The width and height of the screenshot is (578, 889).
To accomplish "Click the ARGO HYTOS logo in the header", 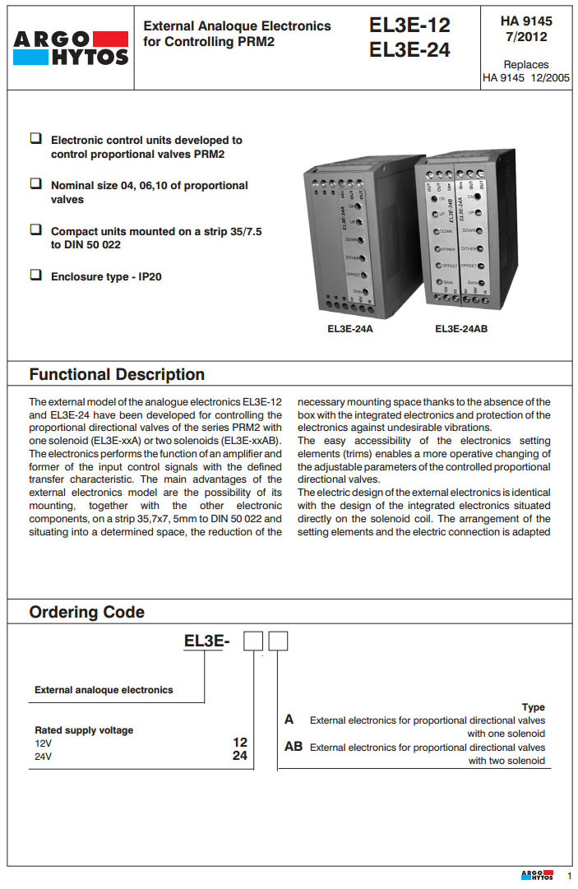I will (70, 48).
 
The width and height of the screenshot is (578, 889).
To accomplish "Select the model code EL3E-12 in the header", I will (409, 25).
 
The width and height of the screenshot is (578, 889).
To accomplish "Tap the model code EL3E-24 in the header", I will (409, 50).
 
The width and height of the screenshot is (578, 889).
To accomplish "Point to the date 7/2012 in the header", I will (526, 37).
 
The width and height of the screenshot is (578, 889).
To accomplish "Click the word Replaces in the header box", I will (526, 64).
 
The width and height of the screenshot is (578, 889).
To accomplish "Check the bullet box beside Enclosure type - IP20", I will (36, 275).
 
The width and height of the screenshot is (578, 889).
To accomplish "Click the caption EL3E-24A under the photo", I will (350, 329).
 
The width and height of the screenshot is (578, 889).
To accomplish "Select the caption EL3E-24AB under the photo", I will (461, 329).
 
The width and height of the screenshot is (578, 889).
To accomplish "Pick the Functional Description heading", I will (117, 374).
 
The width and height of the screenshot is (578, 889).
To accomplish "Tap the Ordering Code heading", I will (86, 612).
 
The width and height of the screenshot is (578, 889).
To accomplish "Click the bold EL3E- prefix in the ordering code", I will (198, 641).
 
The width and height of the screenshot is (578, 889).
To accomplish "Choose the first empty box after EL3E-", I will (253, 641).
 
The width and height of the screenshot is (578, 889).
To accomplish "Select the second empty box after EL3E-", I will (279, 641).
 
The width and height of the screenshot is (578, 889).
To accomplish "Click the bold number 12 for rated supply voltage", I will (240, 742).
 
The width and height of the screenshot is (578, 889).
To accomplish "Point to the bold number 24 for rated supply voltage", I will (240, 755).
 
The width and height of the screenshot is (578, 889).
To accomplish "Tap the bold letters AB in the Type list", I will (294, 747).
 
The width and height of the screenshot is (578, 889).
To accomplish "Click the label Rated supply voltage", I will (84, 730).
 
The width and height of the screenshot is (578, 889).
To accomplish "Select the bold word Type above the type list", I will (533, 707).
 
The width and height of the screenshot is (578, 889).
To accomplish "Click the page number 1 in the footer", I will (568, 876).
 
